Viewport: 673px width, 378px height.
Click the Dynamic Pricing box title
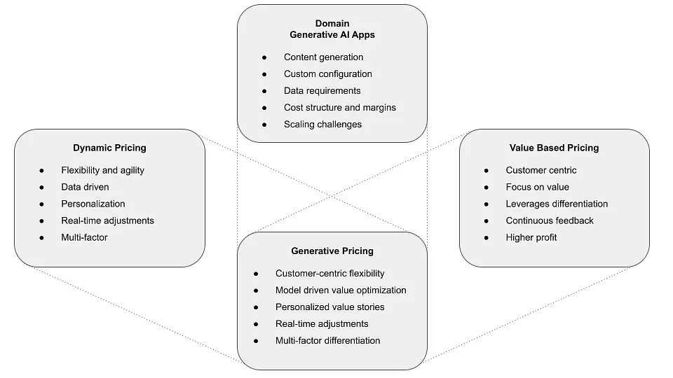click(x=109, y=148)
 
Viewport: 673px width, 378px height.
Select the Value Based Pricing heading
click(x=554, y=148)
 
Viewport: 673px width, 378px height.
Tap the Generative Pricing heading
click(x=332, y=251)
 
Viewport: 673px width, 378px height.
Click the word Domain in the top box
click(x=332, y=24)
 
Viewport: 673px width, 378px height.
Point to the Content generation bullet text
click(x=323, y=57)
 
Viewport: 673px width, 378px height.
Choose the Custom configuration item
click(x=327, y=74)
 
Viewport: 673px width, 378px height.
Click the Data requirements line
click(x=322, y=91)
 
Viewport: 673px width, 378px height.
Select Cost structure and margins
click(x=339, y=108)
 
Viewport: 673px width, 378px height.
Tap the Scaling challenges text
click(x=322, y=125)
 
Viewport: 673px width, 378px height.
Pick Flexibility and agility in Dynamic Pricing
click(x=102, y=170)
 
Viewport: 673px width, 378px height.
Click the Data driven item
click(x=85, y=187)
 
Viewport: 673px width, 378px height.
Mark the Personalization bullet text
click(x=93, y=204)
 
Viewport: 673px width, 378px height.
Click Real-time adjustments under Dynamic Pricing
click(x=107, y=220)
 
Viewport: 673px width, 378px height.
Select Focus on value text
click(x=537, y=187)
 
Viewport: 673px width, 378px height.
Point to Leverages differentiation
click(x=557, y=204)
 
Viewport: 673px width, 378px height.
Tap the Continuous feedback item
click(x=550, y=220)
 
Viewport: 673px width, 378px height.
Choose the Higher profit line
click(x=531, y=237)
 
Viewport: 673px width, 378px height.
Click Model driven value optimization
click(x=341, y=290)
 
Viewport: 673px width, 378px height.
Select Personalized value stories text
click(x=329, y=307)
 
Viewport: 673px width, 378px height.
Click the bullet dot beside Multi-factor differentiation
click(x=256, y=341)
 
